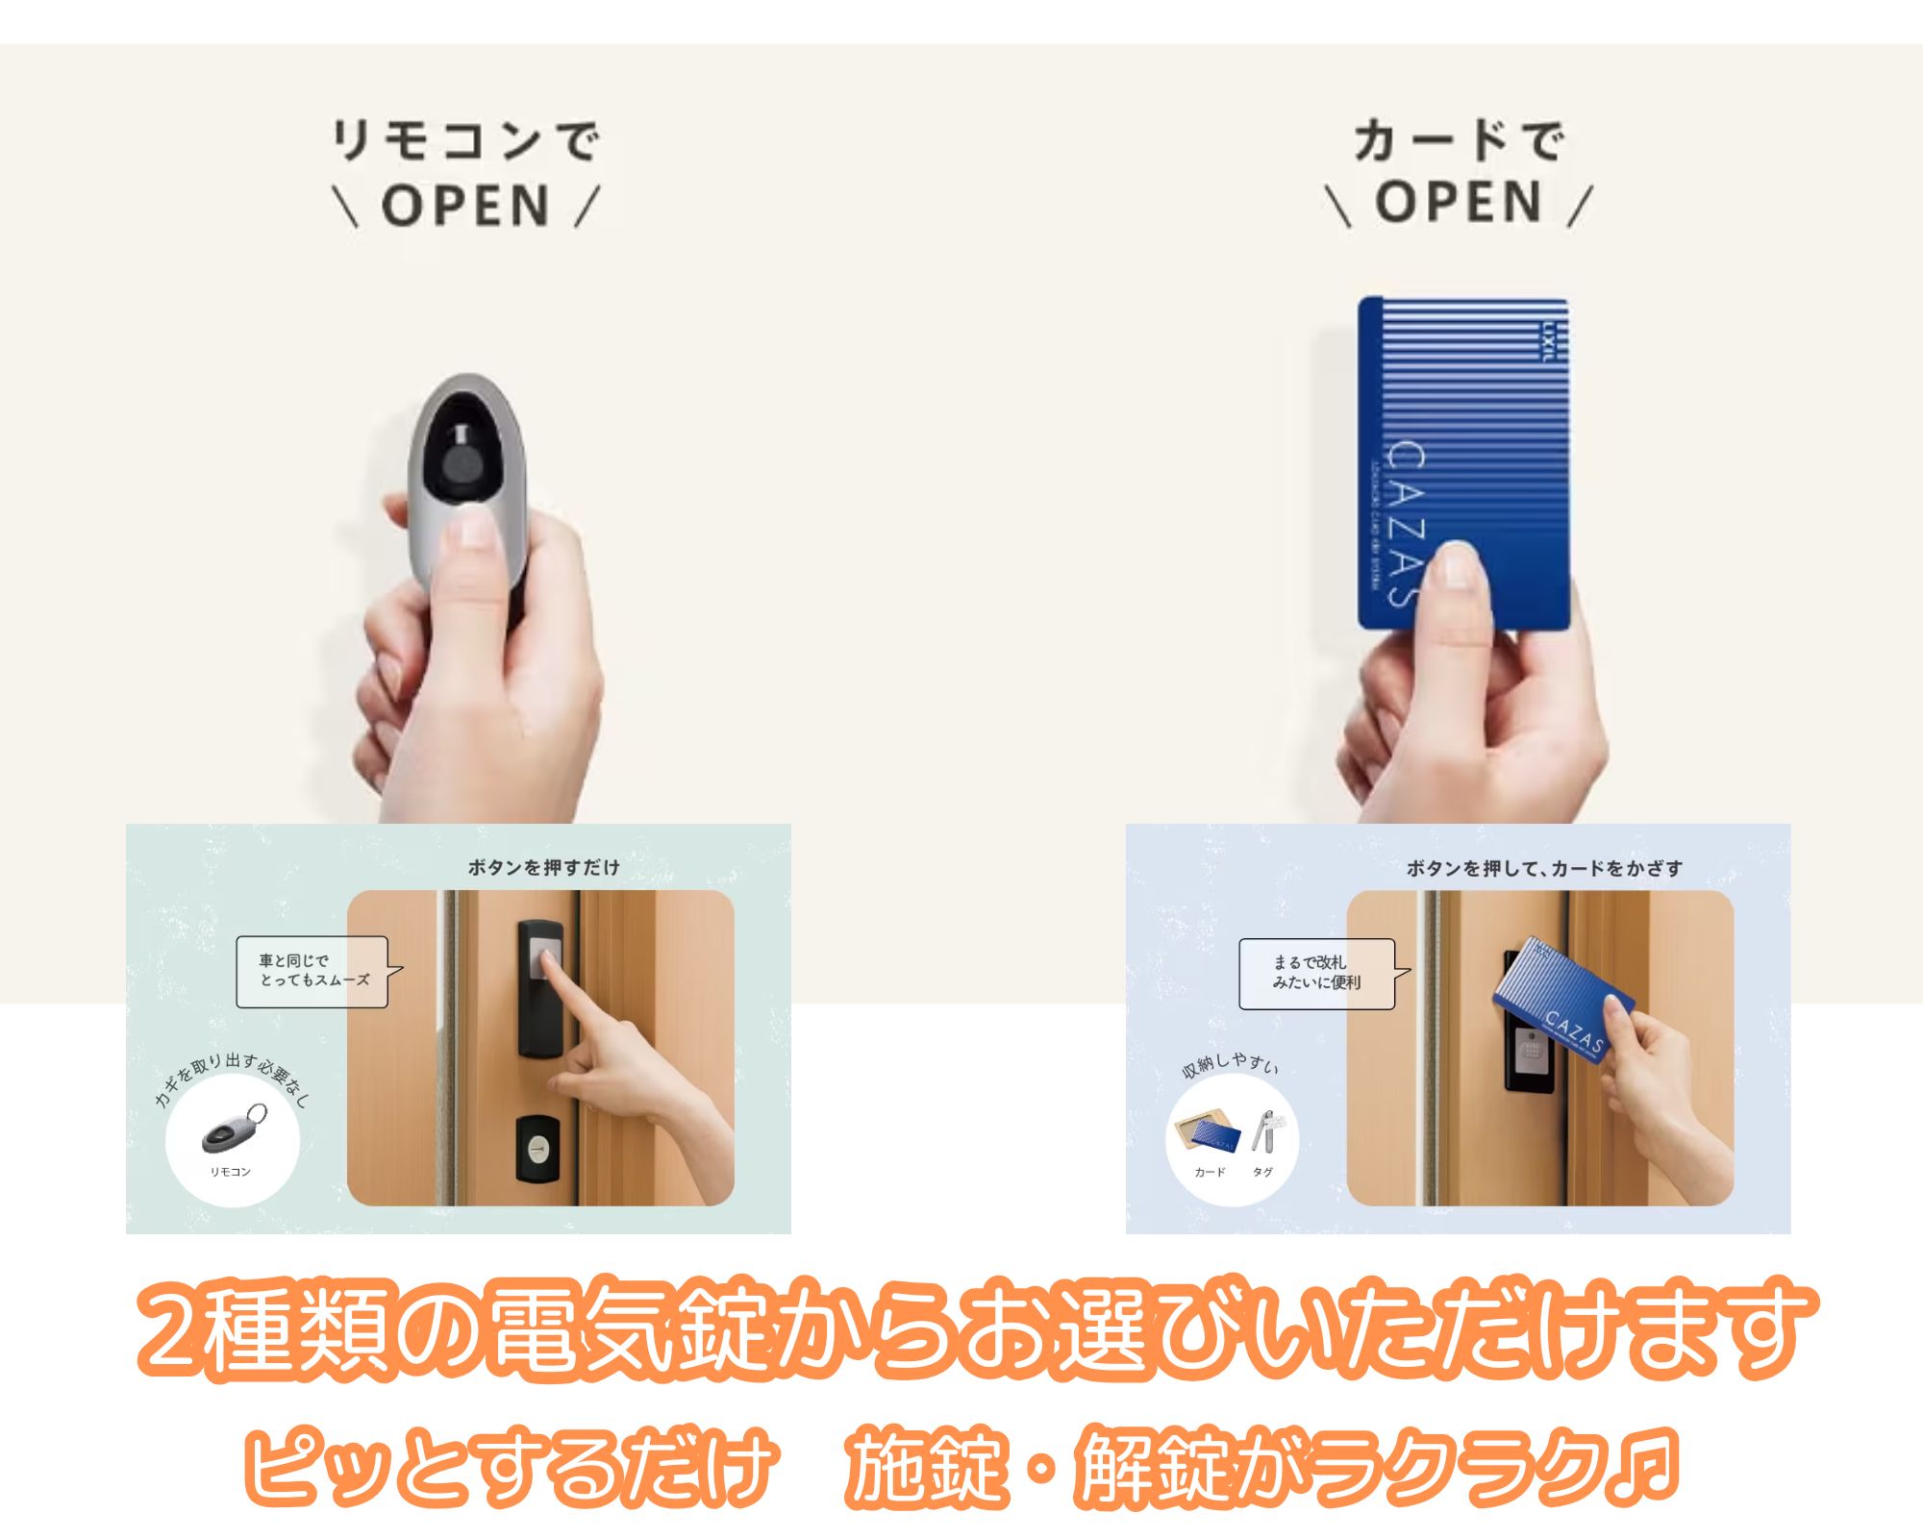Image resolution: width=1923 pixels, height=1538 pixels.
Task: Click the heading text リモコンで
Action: coord(465,142)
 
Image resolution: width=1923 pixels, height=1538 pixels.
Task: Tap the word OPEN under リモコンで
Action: coord(466,206)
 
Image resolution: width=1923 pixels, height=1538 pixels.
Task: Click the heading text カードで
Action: coord(1459,142)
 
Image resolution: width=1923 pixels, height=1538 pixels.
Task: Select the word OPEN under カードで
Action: coord(1459,203)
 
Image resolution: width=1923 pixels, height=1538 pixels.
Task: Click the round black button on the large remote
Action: coord(463,469)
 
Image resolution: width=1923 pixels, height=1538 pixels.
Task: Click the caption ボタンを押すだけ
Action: coord(544,867)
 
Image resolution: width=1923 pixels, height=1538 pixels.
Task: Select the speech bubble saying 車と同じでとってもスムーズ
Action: coord(313,971)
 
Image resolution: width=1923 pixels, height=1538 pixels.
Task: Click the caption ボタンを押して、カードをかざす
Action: coord(1544,868)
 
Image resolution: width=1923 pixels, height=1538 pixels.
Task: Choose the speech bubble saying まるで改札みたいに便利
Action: coord(1316,973)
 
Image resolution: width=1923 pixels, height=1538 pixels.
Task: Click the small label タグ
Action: coord(1262,1172)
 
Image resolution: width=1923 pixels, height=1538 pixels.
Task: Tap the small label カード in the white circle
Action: coord(1210,1172)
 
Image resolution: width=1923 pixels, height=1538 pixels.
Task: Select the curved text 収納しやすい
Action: coord(1230,1064)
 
